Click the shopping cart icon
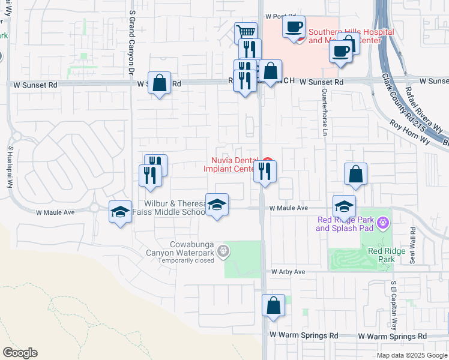(x=245, y=32)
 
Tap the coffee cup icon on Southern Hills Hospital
(x=294, y=27)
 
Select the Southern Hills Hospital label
(x=351, y=36)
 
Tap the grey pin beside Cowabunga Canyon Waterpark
(x=224, y=251)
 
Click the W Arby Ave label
(x=288, y=272)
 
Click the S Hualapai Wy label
(x=10, y=166)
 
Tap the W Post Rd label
(x=281, y=16)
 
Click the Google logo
(x=20, y=353)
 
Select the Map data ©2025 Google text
(x=412, y=355)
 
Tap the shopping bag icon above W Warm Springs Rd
(x=273, y=305)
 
